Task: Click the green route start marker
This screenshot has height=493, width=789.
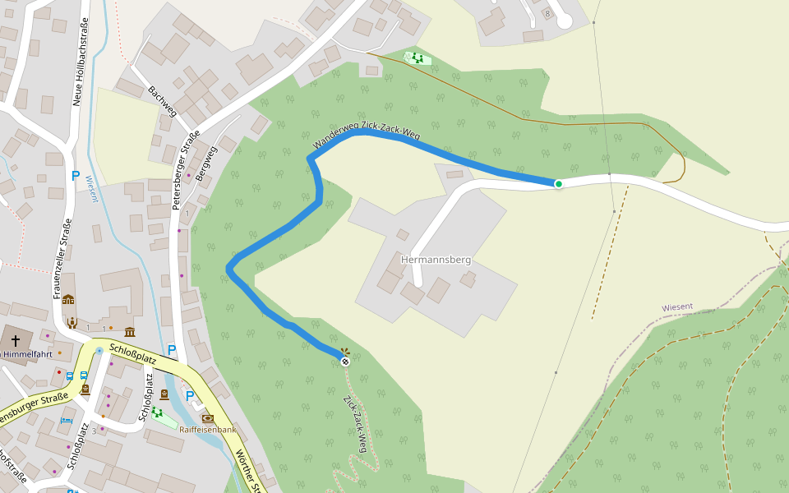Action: coord(558,183)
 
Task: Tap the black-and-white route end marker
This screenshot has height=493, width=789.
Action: coord(345,361)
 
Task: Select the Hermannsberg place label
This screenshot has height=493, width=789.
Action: coord(436,260)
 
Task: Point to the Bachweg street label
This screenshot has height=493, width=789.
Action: coord(162,101)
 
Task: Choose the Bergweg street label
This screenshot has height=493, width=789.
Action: coord(207,166)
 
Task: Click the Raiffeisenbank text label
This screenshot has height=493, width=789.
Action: coord(208,430)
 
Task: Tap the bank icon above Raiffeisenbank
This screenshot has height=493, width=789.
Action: coord(207,418)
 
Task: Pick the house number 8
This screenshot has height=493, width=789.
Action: coord(547,14)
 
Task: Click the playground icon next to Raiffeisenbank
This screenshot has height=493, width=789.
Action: coord(157,412)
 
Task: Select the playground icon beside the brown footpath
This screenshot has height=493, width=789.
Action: coord(417,58)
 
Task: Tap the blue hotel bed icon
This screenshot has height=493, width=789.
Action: coord(66,420)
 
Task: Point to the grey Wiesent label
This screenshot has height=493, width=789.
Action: coord(677,307)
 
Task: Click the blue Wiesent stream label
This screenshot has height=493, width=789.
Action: coord(90,188)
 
